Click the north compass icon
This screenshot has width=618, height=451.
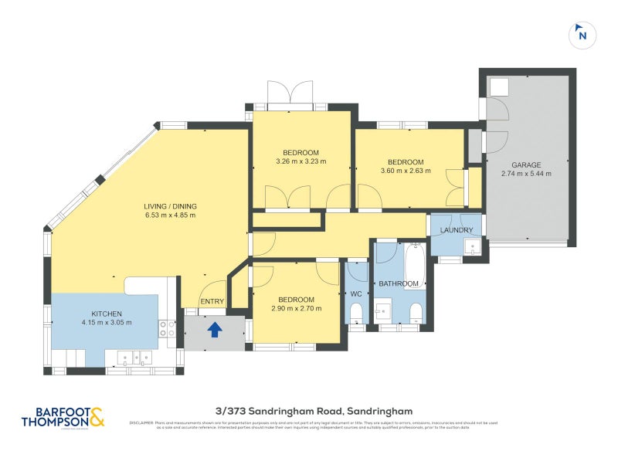click(582, 35)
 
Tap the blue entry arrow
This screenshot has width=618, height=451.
click(215, 330)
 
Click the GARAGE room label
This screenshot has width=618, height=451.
click(525, 164)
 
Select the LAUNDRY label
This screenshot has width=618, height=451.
click(456, 230)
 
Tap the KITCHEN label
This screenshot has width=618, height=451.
click(107, 313)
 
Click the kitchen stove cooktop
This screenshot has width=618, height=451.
click(167, 329)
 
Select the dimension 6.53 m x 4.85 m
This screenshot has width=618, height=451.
click(170, 215)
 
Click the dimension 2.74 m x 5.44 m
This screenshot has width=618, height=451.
click(525, 174)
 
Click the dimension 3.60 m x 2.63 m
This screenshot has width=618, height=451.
click(406, 171)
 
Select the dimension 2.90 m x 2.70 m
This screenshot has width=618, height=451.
click(296, 309)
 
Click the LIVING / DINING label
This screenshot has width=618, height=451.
click(170, 206)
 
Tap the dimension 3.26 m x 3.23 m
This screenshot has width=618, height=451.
click(301, 161)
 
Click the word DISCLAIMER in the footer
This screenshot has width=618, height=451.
click(141, 422)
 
